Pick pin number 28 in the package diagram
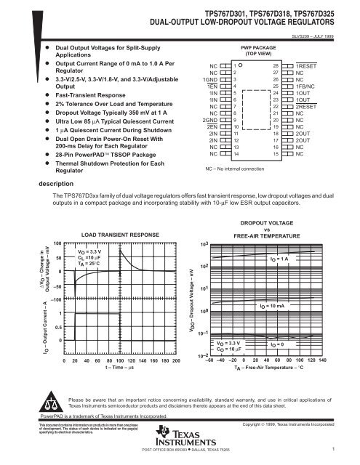coord(274,65)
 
